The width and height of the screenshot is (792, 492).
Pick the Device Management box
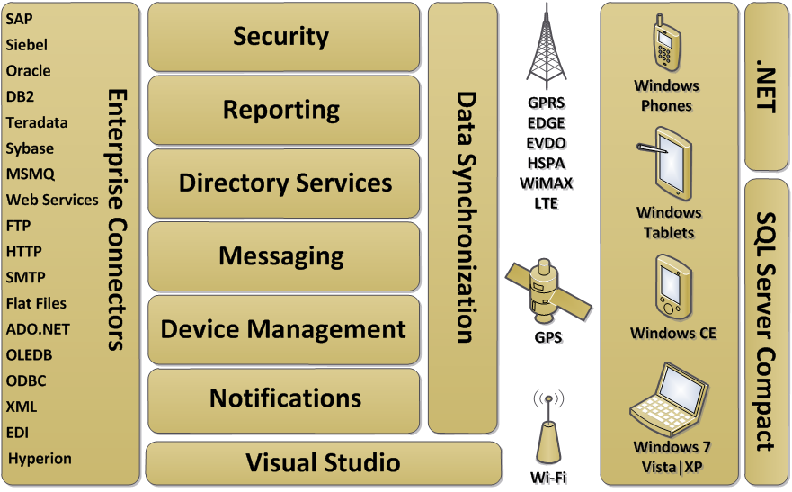click(x=283, y=329)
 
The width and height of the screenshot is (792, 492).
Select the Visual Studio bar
click(x=323, y=463)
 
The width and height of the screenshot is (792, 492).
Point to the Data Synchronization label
click(x=465, y=217)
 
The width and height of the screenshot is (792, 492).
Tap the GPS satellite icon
click(x=547, y=290)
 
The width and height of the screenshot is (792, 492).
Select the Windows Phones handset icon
click(x=666, y=44)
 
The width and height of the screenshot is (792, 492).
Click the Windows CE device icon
click(x=672, y=286)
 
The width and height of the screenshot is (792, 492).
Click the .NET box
click(x=766, y=85)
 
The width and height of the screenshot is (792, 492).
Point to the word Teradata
click(x=37, y=123)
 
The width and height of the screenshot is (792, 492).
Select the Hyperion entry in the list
click(x=40, y=459)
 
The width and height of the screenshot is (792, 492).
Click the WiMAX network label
click(x=547, y=183)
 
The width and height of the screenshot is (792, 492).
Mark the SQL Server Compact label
click(x=766, y=331)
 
